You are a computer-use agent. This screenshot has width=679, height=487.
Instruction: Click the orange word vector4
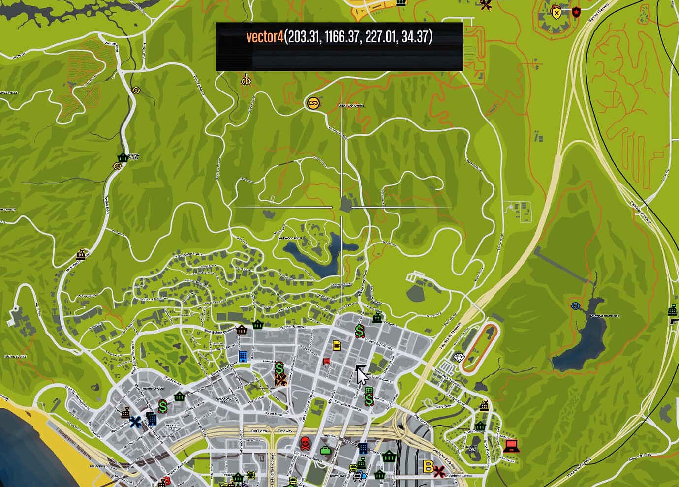point(265,37)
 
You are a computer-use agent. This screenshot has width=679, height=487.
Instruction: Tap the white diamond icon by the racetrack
point(459,358)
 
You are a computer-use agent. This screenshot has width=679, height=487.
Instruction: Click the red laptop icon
point(511,446)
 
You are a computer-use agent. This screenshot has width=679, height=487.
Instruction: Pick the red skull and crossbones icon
point(305,443)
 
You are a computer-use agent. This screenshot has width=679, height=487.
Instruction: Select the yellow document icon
point(337,345)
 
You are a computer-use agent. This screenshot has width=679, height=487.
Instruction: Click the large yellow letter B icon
point(428,466)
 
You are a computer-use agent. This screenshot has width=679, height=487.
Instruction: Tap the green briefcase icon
point(325,450)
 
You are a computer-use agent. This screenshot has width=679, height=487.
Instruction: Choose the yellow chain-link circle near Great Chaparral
point(313,103)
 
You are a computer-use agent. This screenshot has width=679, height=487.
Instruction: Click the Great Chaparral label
point(351,106)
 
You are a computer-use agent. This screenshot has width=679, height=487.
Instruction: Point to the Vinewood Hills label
point(290,239)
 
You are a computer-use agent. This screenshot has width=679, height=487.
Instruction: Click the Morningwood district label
point(153,389)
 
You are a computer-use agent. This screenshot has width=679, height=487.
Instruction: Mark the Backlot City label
point(172,426)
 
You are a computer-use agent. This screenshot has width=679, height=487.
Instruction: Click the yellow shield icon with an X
point(556,13)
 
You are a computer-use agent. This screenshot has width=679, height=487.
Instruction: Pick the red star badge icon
point(576,12)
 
